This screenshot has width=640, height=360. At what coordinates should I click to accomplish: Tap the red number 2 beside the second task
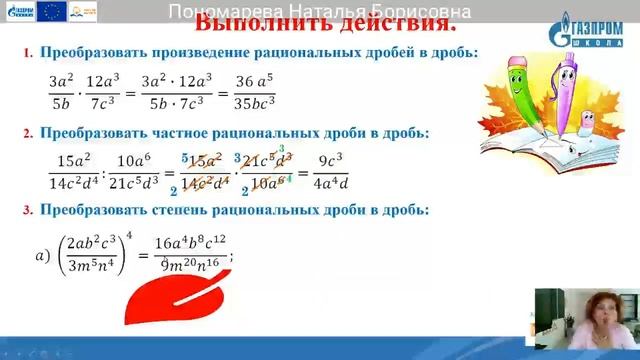(x=29, y=132)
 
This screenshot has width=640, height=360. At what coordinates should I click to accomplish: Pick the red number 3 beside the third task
(x=29, y=210)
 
